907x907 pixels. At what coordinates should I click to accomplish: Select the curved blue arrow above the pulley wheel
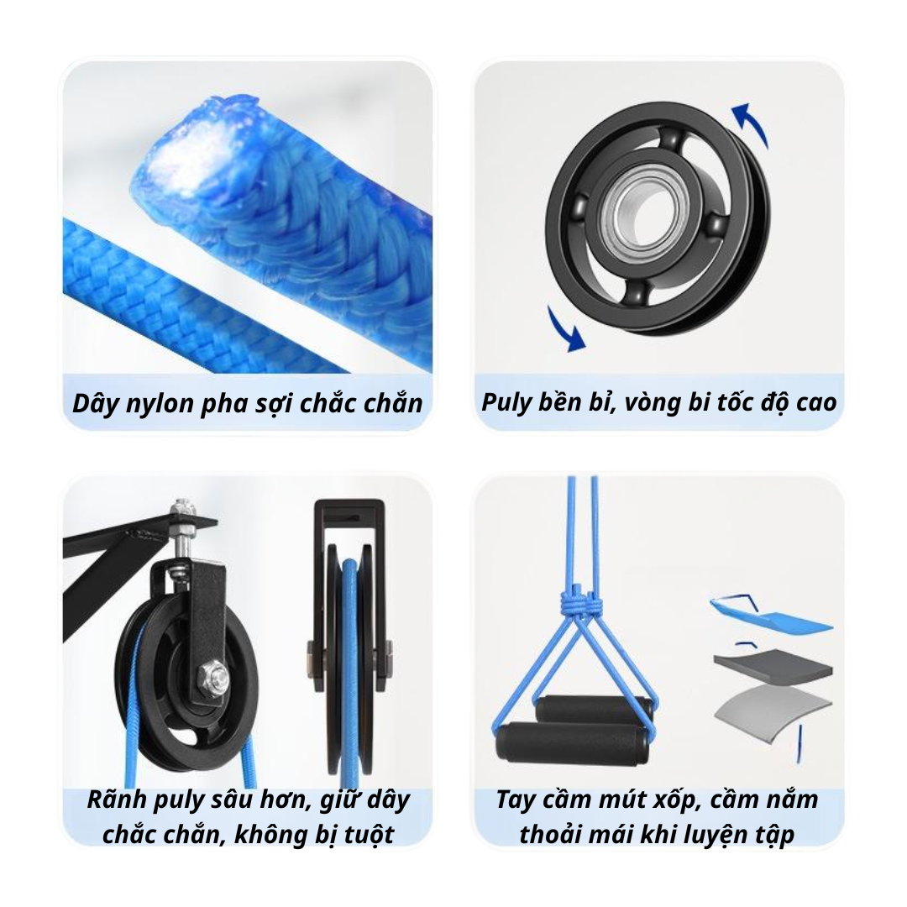coord(752,123)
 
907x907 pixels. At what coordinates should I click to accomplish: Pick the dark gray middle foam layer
coord(773,666)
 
